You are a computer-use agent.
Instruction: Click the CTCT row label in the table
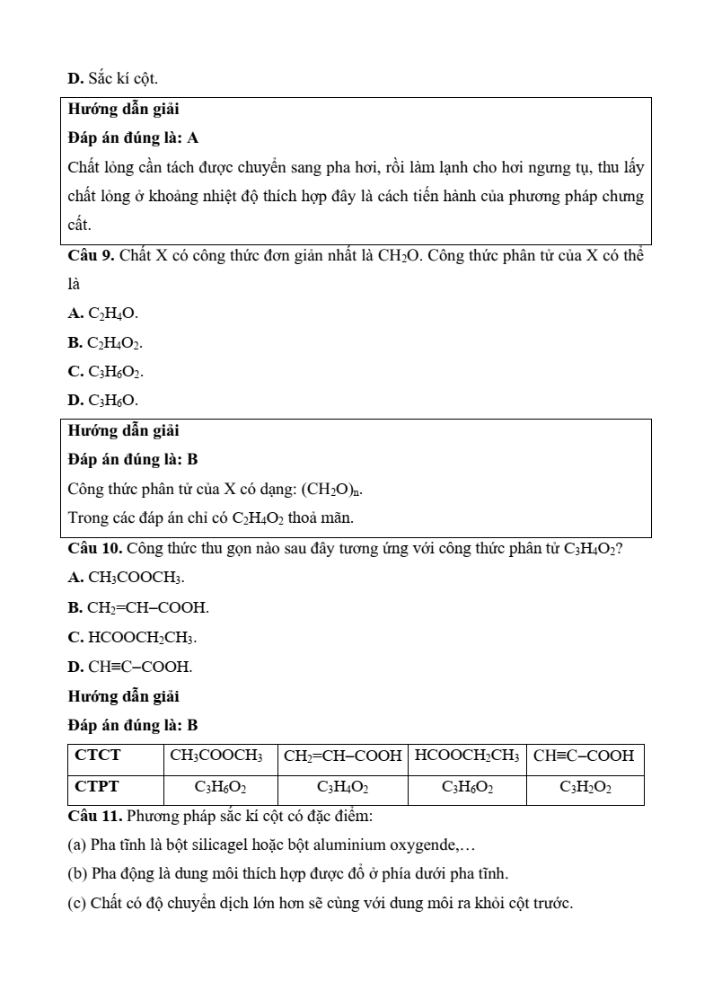tap(98, 756)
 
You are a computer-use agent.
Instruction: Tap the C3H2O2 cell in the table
tap(585, 788)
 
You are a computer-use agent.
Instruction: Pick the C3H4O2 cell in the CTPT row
tap(342, 788)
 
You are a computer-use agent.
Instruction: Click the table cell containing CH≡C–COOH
tap(584, 756)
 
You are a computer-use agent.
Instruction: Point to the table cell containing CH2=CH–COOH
tap(342, 756)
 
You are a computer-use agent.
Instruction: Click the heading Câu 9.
tap(91, 255)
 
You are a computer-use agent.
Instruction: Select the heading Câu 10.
tap(94, 549)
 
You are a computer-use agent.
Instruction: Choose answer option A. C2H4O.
tap(103, 314)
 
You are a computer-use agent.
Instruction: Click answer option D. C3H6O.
tap(103, 400)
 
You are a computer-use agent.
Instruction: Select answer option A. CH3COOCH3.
tap(127, 579)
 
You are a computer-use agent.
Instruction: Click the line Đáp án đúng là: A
tap(133, 138)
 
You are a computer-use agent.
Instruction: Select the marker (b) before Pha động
tap(77, 873)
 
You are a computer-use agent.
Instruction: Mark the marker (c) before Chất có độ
tap(77, 903)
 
